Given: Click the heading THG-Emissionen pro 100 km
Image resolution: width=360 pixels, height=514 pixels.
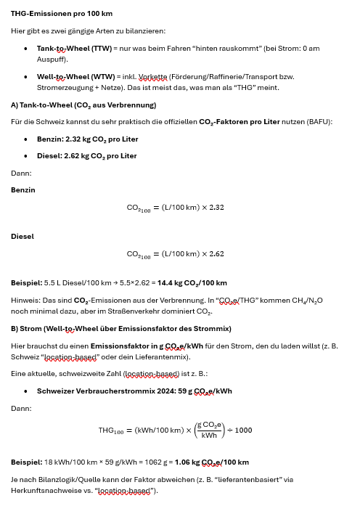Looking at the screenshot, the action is click(62, 14).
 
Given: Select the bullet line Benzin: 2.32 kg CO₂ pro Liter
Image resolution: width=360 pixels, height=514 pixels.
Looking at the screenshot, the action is click(87, 139).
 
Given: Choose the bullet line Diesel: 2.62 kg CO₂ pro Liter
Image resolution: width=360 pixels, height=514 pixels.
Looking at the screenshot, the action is click(86, 155).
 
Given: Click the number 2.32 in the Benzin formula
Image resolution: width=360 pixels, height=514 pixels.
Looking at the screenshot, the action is click(216, 208).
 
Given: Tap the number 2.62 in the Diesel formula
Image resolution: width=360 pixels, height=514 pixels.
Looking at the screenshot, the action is click(216, 254).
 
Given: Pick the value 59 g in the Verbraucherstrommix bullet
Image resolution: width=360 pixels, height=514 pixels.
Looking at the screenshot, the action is click(173, 391).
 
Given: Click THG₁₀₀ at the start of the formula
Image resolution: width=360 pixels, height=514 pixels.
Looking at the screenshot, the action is click(111, 431).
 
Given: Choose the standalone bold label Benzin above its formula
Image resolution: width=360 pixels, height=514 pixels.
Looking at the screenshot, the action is click(22, 189).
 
